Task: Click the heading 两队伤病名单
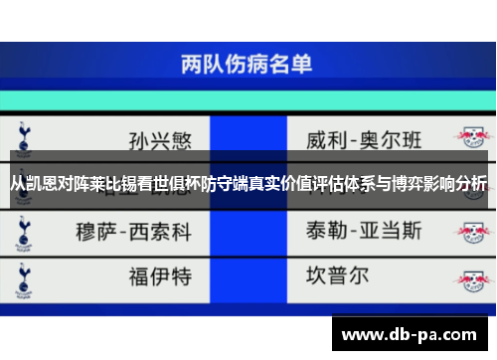pyautogui.click(x=248, y=66)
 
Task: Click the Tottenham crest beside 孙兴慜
pyautogui.click(x=23, y=135)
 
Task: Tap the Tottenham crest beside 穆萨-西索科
pyautogui.click(x=23, y=232)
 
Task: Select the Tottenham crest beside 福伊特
pyautogui.click(x=23, y=273)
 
